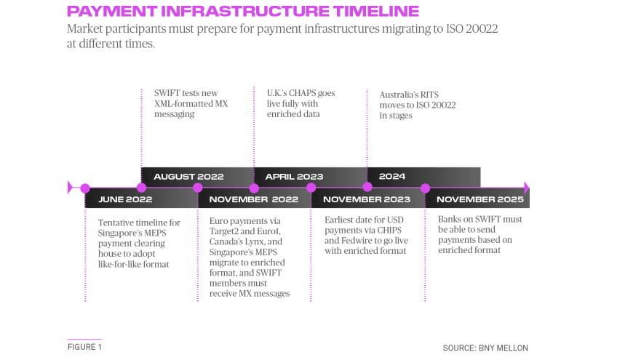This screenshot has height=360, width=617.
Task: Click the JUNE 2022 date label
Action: pyautogui.click(x=125, y=199)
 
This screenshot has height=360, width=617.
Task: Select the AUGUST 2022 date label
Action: pyautogui.click(x=188, y=177)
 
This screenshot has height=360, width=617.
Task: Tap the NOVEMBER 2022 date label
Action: pyautogui.click(x=254, y=199)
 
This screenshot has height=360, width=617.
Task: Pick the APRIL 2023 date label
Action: pyautogui.click(x=295, y=177)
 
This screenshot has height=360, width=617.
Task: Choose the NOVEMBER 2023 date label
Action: pyautogui.click(x=367, y=199)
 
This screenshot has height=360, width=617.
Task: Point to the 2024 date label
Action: pyautogui.click(x=392, y=176)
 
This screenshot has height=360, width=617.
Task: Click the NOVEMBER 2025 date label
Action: pyautogui.click(x=480, y=199)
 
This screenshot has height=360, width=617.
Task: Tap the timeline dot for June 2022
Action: pyautogui.click(x=85, y=188)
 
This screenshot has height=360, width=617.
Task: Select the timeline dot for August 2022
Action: pyautogui.click(x=141, y=188)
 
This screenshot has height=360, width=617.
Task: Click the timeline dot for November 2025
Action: pyautogui.click(x=425, y=188)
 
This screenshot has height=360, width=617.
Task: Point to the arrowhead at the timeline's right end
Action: pyautogui.click(x=527, y=188)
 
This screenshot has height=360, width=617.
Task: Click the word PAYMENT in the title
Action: pyautogui.click(x=112, y=11)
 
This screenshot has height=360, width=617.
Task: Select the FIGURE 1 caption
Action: pyautogui.click(x=84, y=347)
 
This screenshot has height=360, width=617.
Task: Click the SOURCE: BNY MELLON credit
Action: pyautogui.click(x=485, y=348)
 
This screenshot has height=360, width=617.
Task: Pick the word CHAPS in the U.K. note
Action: pyautogui.click(x=302, y=93)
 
